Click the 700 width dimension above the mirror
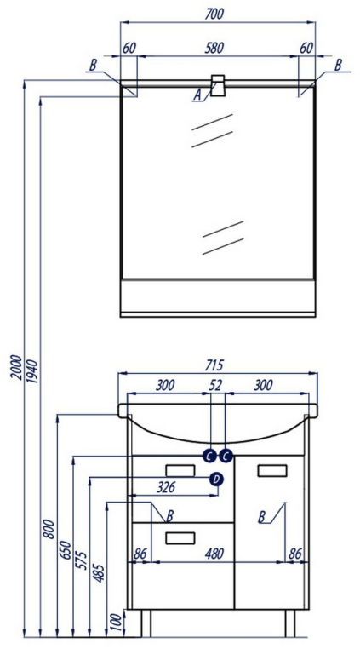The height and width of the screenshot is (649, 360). tap(214, 14)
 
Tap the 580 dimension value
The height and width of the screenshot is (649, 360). tap(214, 48)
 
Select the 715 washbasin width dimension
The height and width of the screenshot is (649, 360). tap(214, 365)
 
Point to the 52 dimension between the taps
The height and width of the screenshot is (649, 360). tap(215, 385)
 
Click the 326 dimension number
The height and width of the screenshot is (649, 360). tap(166, 487)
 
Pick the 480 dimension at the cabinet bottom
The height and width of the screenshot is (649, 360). tap(214, 554)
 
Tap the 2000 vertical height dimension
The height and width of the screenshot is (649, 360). tap(15, 368)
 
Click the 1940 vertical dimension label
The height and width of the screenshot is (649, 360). tap(32, 371)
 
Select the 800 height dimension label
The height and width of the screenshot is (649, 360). tap(49, 529)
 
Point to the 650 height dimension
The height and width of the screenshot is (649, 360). tap(66, 549)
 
